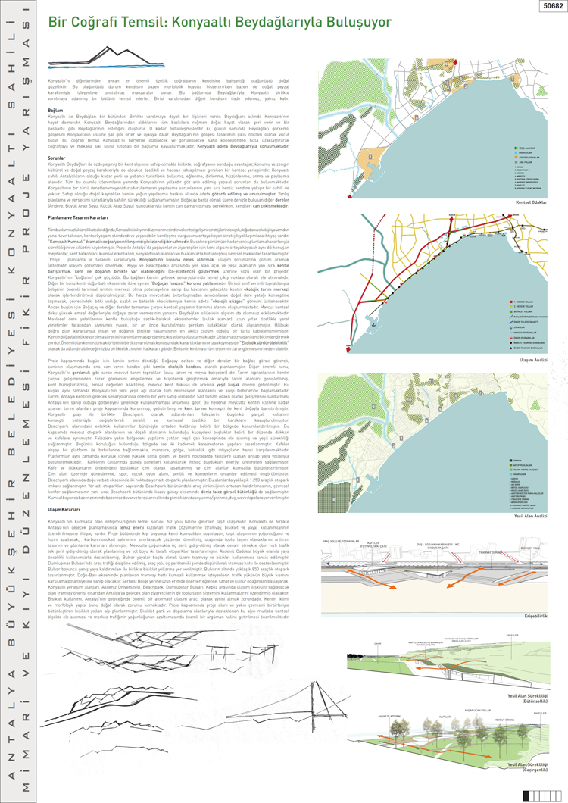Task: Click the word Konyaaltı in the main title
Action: coord(200,24)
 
